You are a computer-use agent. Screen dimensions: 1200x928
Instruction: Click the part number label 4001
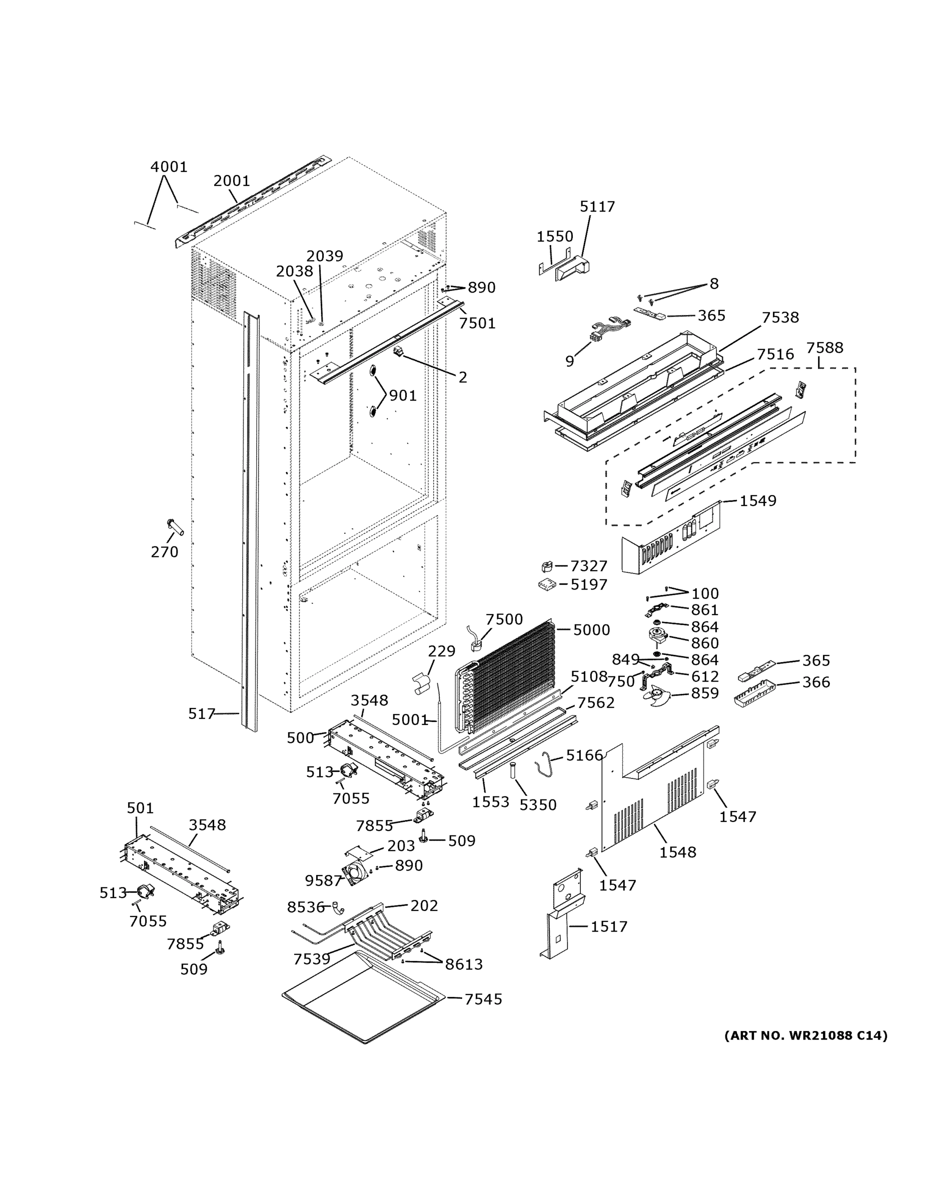[169, 166]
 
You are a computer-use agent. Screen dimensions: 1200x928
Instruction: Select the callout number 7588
[824, 348]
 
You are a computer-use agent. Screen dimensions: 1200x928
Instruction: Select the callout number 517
[201, 713]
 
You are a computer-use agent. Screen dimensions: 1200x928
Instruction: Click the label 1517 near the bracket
[609, 926]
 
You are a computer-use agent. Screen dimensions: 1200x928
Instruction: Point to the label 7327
[588, 566]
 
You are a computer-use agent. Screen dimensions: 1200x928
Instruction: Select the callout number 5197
[588, 584]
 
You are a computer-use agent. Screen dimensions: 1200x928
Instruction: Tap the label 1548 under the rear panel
[677, 852]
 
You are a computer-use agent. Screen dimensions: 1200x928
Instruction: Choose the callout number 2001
[232, 181]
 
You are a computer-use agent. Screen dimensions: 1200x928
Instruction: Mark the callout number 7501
[477, 323]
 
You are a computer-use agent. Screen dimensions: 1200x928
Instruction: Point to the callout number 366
[816, 682]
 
